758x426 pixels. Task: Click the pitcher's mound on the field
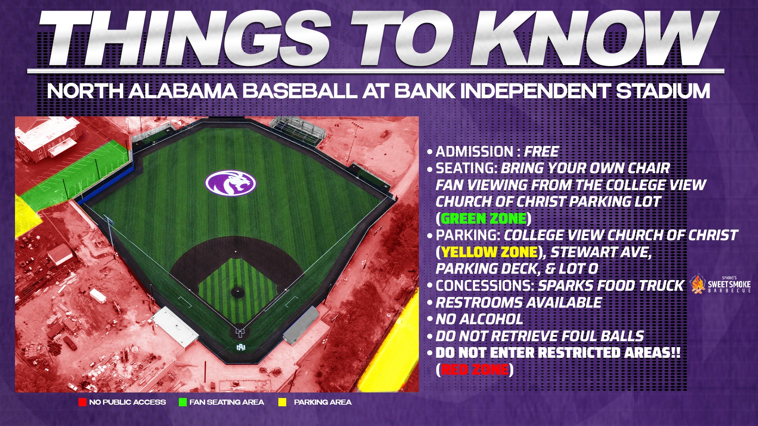pyautogui.click(x=238, y=292)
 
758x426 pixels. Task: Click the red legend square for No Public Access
pyautogui.click(x=83, y=402)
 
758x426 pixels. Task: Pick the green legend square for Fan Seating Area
pyautogui.click(x=182, y=402)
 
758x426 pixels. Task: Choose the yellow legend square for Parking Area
pyautogui.click(x=282, y=402)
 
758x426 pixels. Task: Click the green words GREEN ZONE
pyautogui.click(x=484, y=219)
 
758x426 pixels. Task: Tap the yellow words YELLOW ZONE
pyautogui.click(x=490, y=252)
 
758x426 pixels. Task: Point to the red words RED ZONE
pyautogui.click(x=475, y=370)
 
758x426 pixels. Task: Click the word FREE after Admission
pyautogui.click(x=541, y=152)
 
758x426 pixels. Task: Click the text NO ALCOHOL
pyautogui.click(x=479, y=319)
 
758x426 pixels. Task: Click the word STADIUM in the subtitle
pyautogui.click(x=663, y=91)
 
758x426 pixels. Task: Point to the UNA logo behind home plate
pyautogui.click(x=241, y=347)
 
